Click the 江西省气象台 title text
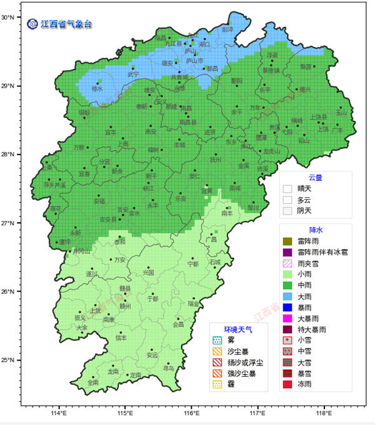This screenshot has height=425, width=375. (x=66, y=24)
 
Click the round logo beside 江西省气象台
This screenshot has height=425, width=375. (x=32, y=24)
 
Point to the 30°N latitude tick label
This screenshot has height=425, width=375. (x=8, y=17)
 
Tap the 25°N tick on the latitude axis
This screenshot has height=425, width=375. (x=8, y=360)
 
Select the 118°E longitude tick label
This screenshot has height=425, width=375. (x=324, y=413)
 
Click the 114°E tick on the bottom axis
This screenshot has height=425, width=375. (x=59, y=413)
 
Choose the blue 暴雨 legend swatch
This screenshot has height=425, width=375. (x=287, y=307)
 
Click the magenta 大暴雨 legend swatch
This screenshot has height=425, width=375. (x=287, y=318)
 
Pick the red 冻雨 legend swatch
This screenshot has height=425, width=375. (x=287, y=384)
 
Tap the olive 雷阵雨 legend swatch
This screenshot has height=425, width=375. (x=287, y=241)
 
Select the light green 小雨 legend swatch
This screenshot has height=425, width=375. (x=287, y=274)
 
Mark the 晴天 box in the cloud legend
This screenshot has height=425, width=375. (x=287, y=188)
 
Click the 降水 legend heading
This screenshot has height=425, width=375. (x=316, y=230)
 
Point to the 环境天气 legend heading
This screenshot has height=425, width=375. (x=237, y=329)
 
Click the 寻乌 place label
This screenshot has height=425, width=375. (x=168, y=369)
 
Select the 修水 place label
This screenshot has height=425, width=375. (x=97, y=89)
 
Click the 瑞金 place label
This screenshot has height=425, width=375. (x=193, y=304)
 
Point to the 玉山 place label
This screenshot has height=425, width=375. (x=341, y=113)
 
